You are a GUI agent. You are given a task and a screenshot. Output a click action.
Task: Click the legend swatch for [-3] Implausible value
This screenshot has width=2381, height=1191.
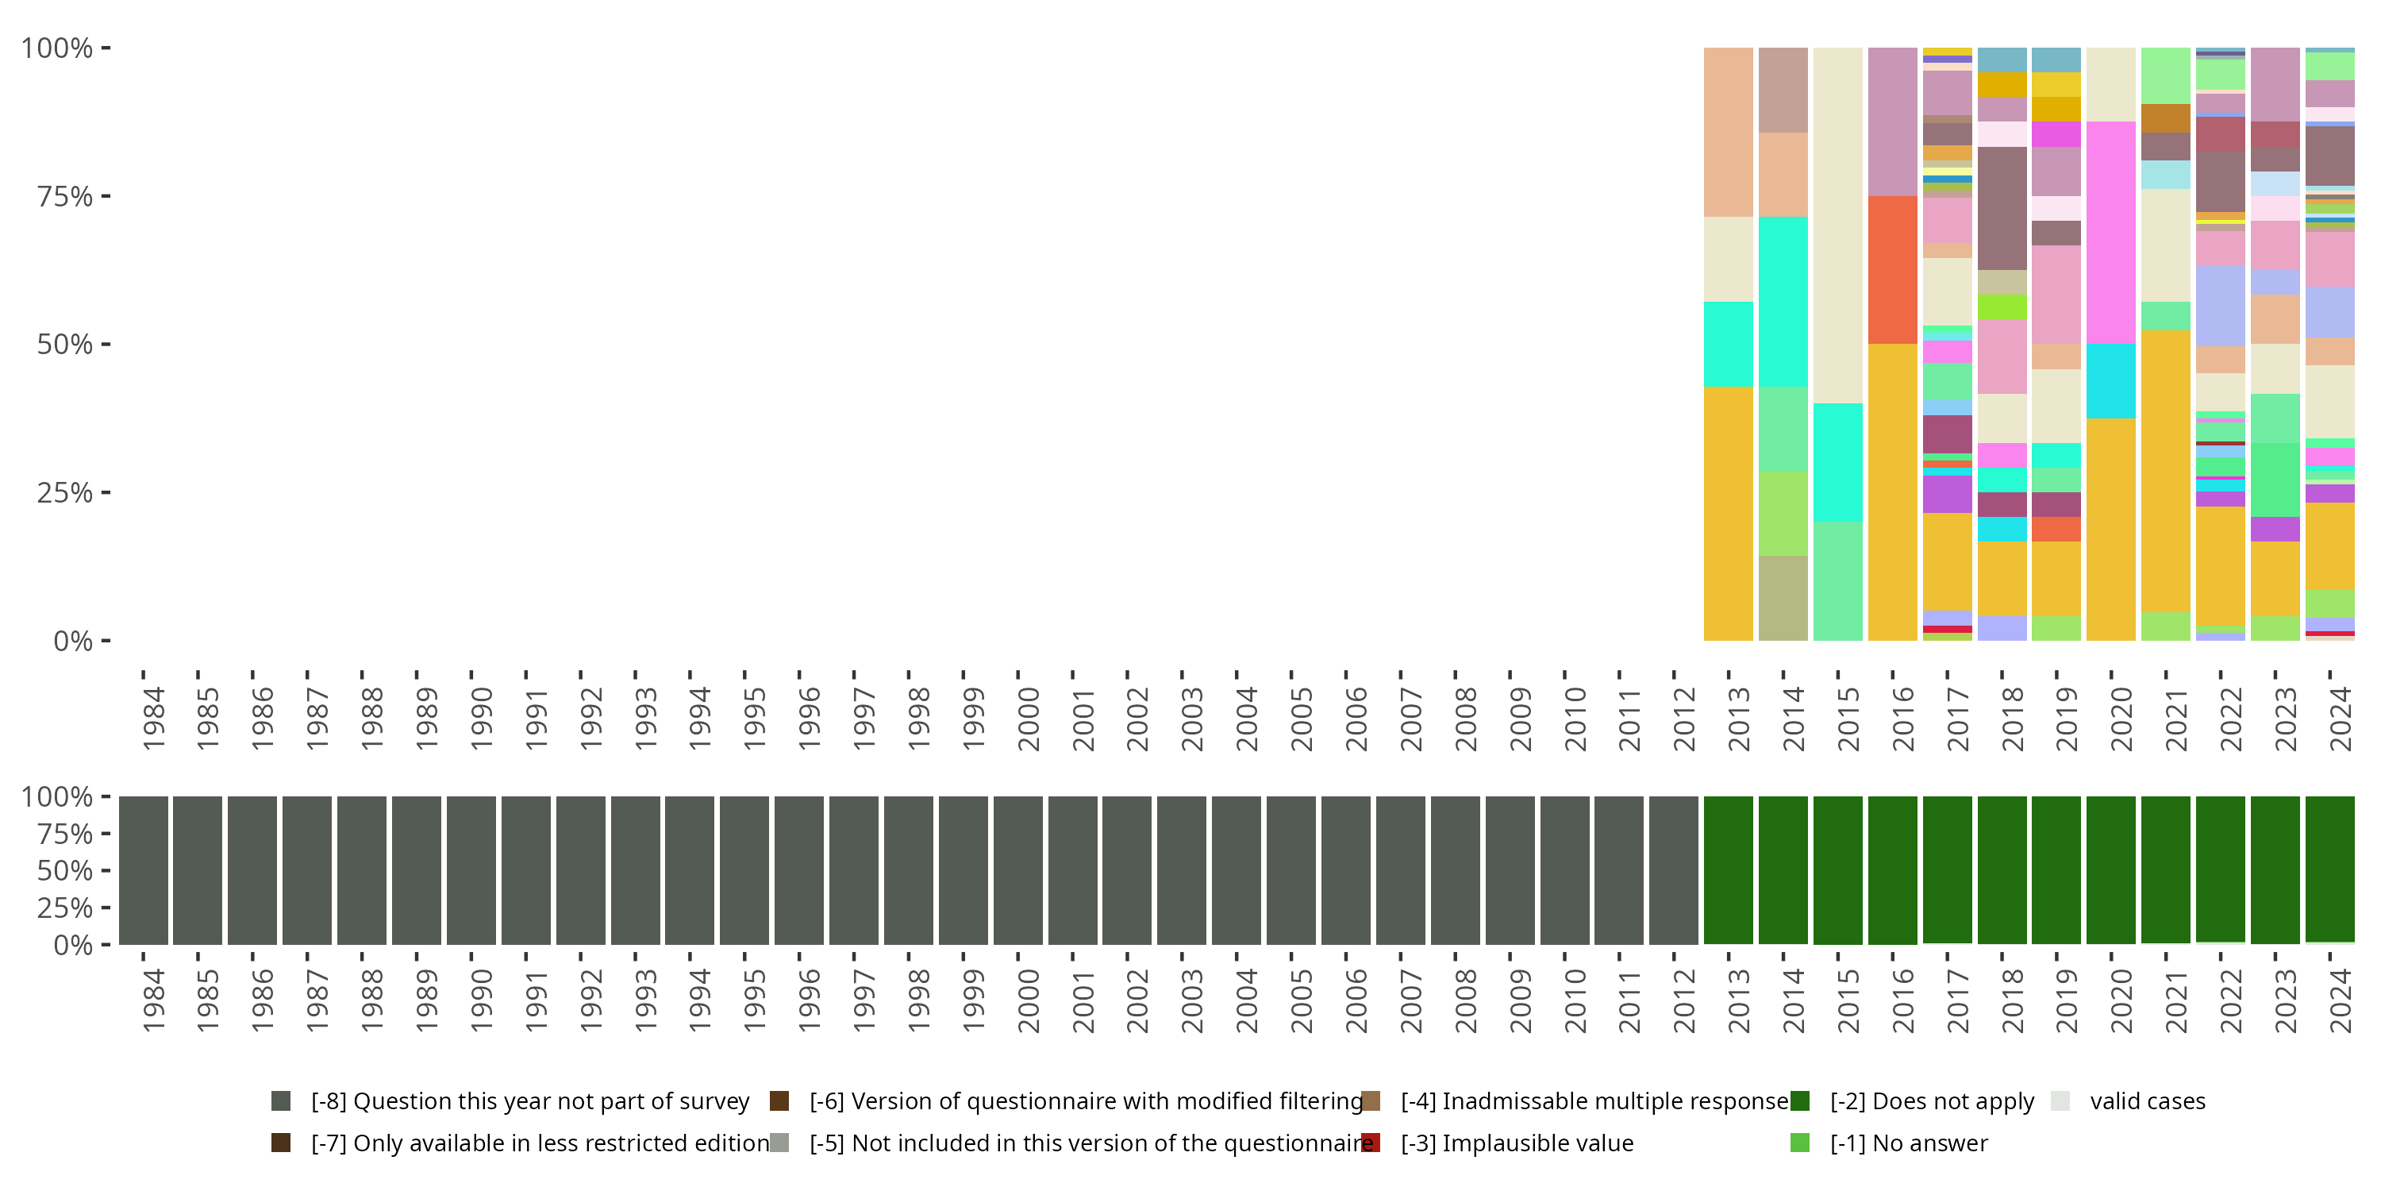pos(1371,1143)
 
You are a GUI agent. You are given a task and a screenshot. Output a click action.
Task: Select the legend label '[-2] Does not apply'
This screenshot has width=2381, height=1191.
pos(1932,1101)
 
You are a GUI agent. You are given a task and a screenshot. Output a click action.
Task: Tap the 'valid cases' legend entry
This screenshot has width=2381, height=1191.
pos(2147,1101)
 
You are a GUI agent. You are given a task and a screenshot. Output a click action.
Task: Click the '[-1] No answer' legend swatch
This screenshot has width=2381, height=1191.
pos(1799,1143)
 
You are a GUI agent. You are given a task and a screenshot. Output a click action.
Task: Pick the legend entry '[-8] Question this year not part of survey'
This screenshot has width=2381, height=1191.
pos(529,1101)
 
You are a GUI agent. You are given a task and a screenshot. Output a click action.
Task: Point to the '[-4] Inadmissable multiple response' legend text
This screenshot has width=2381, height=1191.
pos(1594,1101)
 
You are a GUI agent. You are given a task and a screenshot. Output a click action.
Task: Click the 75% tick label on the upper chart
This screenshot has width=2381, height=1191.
pos(65,196)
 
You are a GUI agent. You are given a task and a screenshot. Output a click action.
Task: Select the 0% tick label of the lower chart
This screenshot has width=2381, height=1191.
pos(73,945)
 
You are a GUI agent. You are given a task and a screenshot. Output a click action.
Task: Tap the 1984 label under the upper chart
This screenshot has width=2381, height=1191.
pos(153,719)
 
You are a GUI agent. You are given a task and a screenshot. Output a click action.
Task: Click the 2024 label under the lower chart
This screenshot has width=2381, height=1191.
pos(2341,1000)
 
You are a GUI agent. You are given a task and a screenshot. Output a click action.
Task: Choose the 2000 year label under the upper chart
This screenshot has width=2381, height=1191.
pos(1028,719)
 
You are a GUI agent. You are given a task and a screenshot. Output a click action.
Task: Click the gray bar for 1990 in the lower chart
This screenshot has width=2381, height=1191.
pos(471,870)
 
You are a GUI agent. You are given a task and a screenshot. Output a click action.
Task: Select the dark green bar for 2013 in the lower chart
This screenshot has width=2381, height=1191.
pos(1729,870)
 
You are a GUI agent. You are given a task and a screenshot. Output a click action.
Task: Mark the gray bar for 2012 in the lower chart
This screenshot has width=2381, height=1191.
pos(1674,870)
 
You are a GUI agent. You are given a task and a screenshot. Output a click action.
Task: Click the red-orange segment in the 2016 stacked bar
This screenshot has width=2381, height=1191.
pos(1892,269)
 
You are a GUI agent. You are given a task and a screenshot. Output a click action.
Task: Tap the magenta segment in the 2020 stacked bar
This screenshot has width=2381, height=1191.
pos(2111,232)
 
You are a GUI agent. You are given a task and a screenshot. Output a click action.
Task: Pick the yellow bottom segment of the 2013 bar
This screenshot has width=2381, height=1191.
pos(1729,513)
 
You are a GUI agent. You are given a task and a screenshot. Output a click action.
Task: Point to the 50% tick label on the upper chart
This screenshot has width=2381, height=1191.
pos(65,344)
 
